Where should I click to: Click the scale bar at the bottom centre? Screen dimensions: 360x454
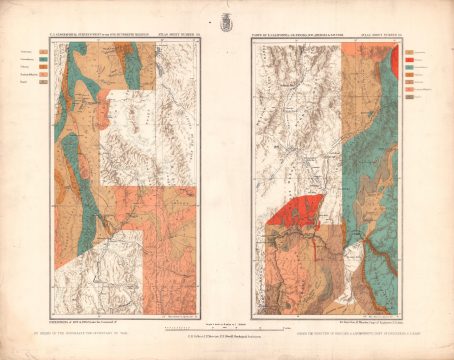pos(225,299)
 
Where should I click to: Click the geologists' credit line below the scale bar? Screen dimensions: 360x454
pos(225,311)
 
